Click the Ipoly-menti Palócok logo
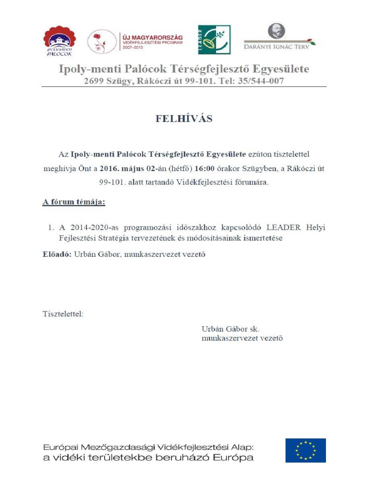(x=60, y=41)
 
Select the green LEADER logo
(x=214, y=39)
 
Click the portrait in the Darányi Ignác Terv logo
(x=276, y=31)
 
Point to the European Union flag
(x=305, y=450)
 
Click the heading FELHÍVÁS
(x=184, y=119)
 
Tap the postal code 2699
(x=93, y=80)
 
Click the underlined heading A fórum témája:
(x=74, y=202)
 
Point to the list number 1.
(x=51, y=227)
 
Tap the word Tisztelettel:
(x=63, y=314)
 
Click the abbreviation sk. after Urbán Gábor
(x=254, y=328)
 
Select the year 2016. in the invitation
(x=110, y=169)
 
